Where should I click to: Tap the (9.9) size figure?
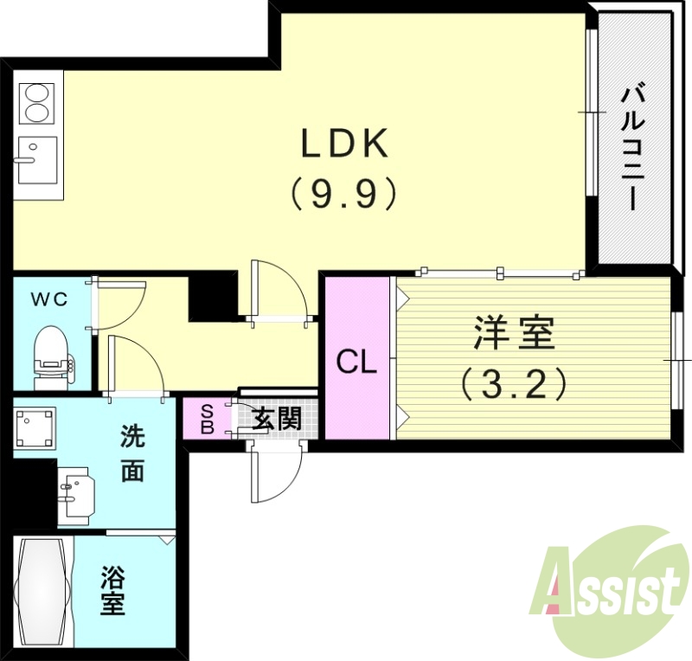pos(343,194)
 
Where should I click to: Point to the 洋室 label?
pos(514,333)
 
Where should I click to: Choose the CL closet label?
pos(357,363)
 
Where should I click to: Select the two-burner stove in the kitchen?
pos(36,102)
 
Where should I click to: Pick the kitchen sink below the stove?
pos(36,159)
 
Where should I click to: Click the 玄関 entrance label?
pos(276,420)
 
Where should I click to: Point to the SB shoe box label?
pos(207,419)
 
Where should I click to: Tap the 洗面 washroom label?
pos(131,454)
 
